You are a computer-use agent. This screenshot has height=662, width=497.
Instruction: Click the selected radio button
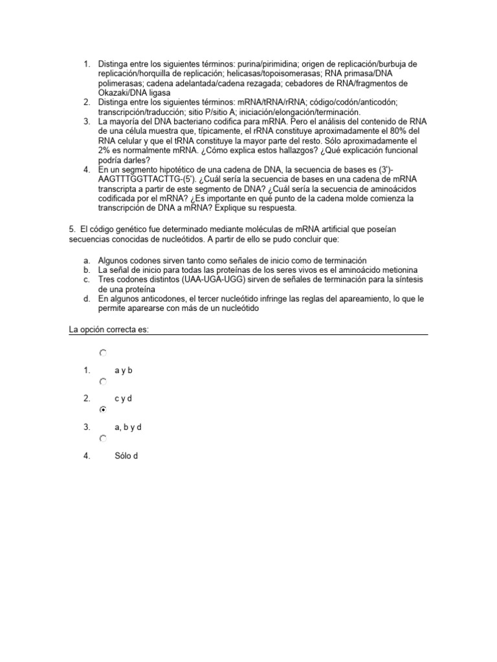pos(102,410)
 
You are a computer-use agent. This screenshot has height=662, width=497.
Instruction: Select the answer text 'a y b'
pos(123,370)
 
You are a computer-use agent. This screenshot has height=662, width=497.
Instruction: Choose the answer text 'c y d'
pos(123,399)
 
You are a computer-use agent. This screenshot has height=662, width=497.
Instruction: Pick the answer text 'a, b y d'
pos(127,427)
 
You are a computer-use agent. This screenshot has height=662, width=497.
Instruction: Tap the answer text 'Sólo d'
pos(126,456)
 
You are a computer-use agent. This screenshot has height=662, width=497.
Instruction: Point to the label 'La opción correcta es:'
pos(109,330)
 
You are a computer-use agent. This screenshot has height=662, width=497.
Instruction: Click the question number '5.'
pos(72,230)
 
